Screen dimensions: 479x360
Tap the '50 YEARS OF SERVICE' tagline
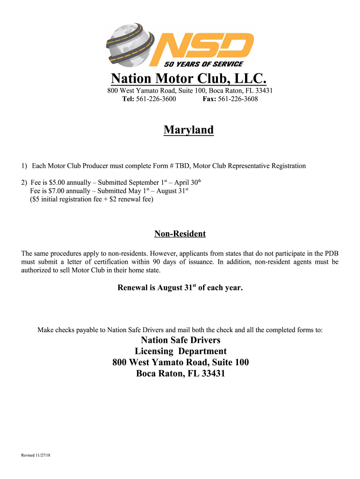[203, 64]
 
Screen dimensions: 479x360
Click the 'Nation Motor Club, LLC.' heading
[188, 78]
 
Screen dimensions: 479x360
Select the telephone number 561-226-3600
[156, 99]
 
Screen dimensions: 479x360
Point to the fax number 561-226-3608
[238, 99]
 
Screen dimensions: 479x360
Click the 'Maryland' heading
[188, 130]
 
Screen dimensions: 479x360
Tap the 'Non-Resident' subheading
[180, 234]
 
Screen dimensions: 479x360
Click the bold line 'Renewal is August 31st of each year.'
[180, 288]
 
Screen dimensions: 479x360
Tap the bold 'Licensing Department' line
[180, 351]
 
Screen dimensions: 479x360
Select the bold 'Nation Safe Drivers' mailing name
[180, 340]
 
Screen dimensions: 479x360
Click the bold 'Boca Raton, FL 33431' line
[180, 374]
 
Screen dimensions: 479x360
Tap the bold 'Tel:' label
[128, 99]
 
